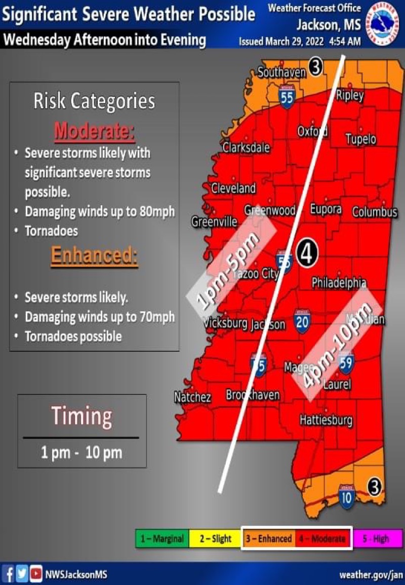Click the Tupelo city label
click(360, 139)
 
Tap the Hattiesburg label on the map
click(326, 420)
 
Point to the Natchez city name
click(192, 397)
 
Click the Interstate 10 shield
click(346, 495)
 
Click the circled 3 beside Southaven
click(315, 67)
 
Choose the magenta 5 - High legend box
click(377, 538)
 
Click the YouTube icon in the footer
click(36, 574)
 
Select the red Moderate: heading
click(94, 132)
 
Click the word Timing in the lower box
click(82, 417)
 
